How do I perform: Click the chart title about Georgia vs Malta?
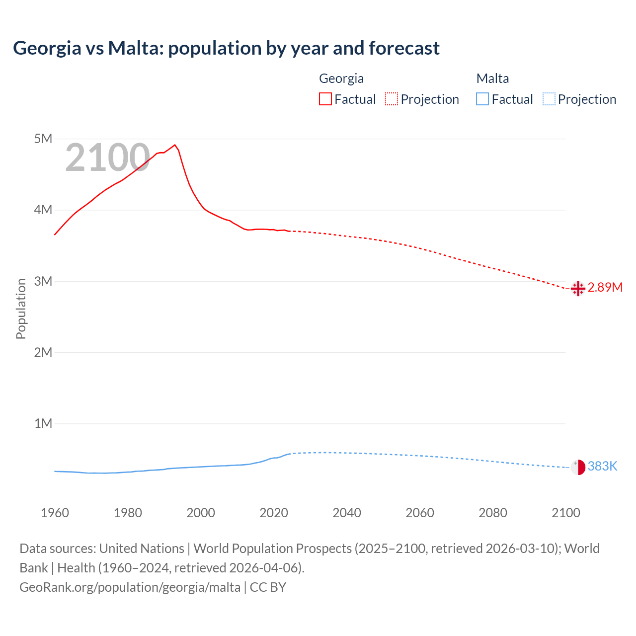click(x=226, y=48)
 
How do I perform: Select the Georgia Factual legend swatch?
click(x=325, y=99)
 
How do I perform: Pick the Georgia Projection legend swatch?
click(x=391, y=99)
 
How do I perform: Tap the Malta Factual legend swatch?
click(x=482, y=99)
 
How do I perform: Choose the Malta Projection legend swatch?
click(x=549, y=99)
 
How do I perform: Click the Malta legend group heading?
click(x=492, y=79)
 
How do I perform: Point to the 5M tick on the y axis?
click(x=43, y=139)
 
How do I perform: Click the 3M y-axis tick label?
click(x=43, y=281)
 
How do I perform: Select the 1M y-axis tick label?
click(x=43, y=423)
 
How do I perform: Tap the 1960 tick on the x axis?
click(x=55, y=513)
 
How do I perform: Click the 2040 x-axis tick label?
click(x=347, y=513)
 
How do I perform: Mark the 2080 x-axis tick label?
click(x=493, y=513)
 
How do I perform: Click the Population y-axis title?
click(x=21, y=309)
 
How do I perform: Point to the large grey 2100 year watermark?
click(x=107, y=158)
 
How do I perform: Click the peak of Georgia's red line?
click(x=174, y=145)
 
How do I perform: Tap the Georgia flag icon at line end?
click(x=578, y=288)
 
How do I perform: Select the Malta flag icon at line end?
click(x=578, y=467)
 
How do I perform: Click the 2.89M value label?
click(x=605, y=288)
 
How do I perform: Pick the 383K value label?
click(x=602, y=466)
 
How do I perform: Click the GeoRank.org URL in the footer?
click(x=130, y=587)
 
